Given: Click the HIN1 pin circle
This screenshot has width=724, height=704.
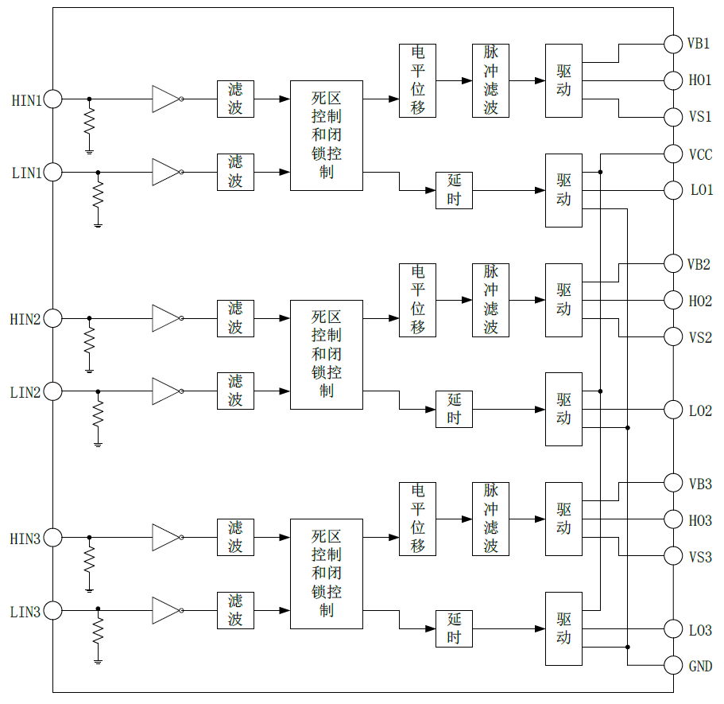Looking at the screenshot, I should [x=52, y=99].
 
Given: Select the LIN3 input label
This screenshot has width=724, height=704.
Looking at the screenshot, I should [x=25, y=612].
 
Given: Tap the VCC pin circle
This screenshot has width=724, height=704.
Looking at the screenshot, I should [x=673, y=154].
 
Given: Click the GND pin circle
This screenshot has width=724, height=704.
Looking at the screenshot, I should [x=673, y=666].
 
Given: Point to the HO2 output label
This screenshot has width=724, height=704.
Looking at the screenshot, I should [x=700, y=301].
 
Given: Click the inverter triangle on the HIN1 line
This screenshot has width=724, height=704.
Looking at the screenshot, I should [x=166, y=99].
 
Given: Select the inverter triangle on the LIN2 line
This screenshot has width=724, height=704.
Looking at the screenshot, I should [x=166, y=391].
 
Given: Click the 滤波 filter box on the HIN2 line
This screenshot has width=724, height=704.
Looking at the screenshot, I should [x=235, y=318].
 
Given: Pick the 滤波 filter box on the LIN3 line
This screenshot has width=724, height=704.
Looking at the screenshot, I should [x=235, y=611].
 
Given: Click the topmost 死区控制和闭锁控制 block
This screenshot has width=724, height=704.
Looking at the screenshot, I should [x=326, y=135].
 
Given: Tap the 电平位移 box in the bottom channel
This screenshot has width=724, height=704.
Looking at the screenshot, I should [x=417, y=519].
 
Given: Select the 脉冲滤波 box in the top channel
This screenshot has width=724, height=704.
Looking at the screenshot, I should [x=490, y=80].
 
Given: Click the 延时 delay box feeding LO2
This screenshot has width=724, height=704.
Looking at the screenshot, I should [x=454, y=410].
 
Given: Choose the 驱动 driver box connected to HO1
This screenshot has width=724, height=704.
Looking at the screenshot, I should [x=563, y=80].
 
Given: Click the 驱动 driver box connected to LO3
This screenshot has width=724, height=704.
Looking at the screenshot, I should [x=563, y=628].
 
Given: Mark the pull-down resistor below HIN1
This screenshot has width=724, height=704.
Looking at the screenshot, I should [x=89, y=122].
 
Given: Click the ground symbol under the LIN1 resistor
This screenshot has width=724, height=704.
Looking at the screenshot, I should [x=98, y=225].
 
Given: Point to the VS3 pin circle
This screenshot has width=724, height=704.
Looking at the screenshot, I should [x=673, y=556].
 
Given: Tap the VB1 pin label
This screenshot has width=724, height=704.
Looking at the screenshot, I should [x=699, y=44].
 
